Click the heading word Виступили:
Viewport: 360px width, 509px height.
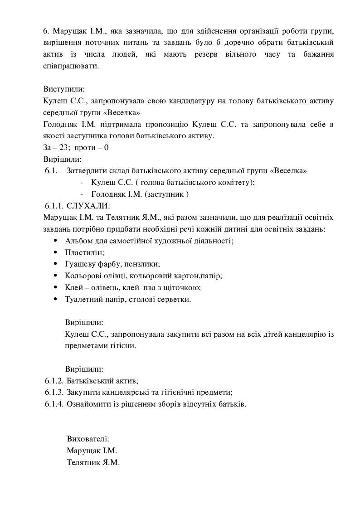64,89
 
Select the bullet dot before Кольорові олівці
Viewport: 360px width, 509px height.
55,276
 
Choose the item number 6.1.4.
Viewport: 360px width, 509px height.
54,404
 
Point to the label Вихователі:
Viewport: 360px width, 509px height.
88,439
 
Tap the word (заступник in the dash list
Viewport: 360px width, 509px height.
161,194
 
